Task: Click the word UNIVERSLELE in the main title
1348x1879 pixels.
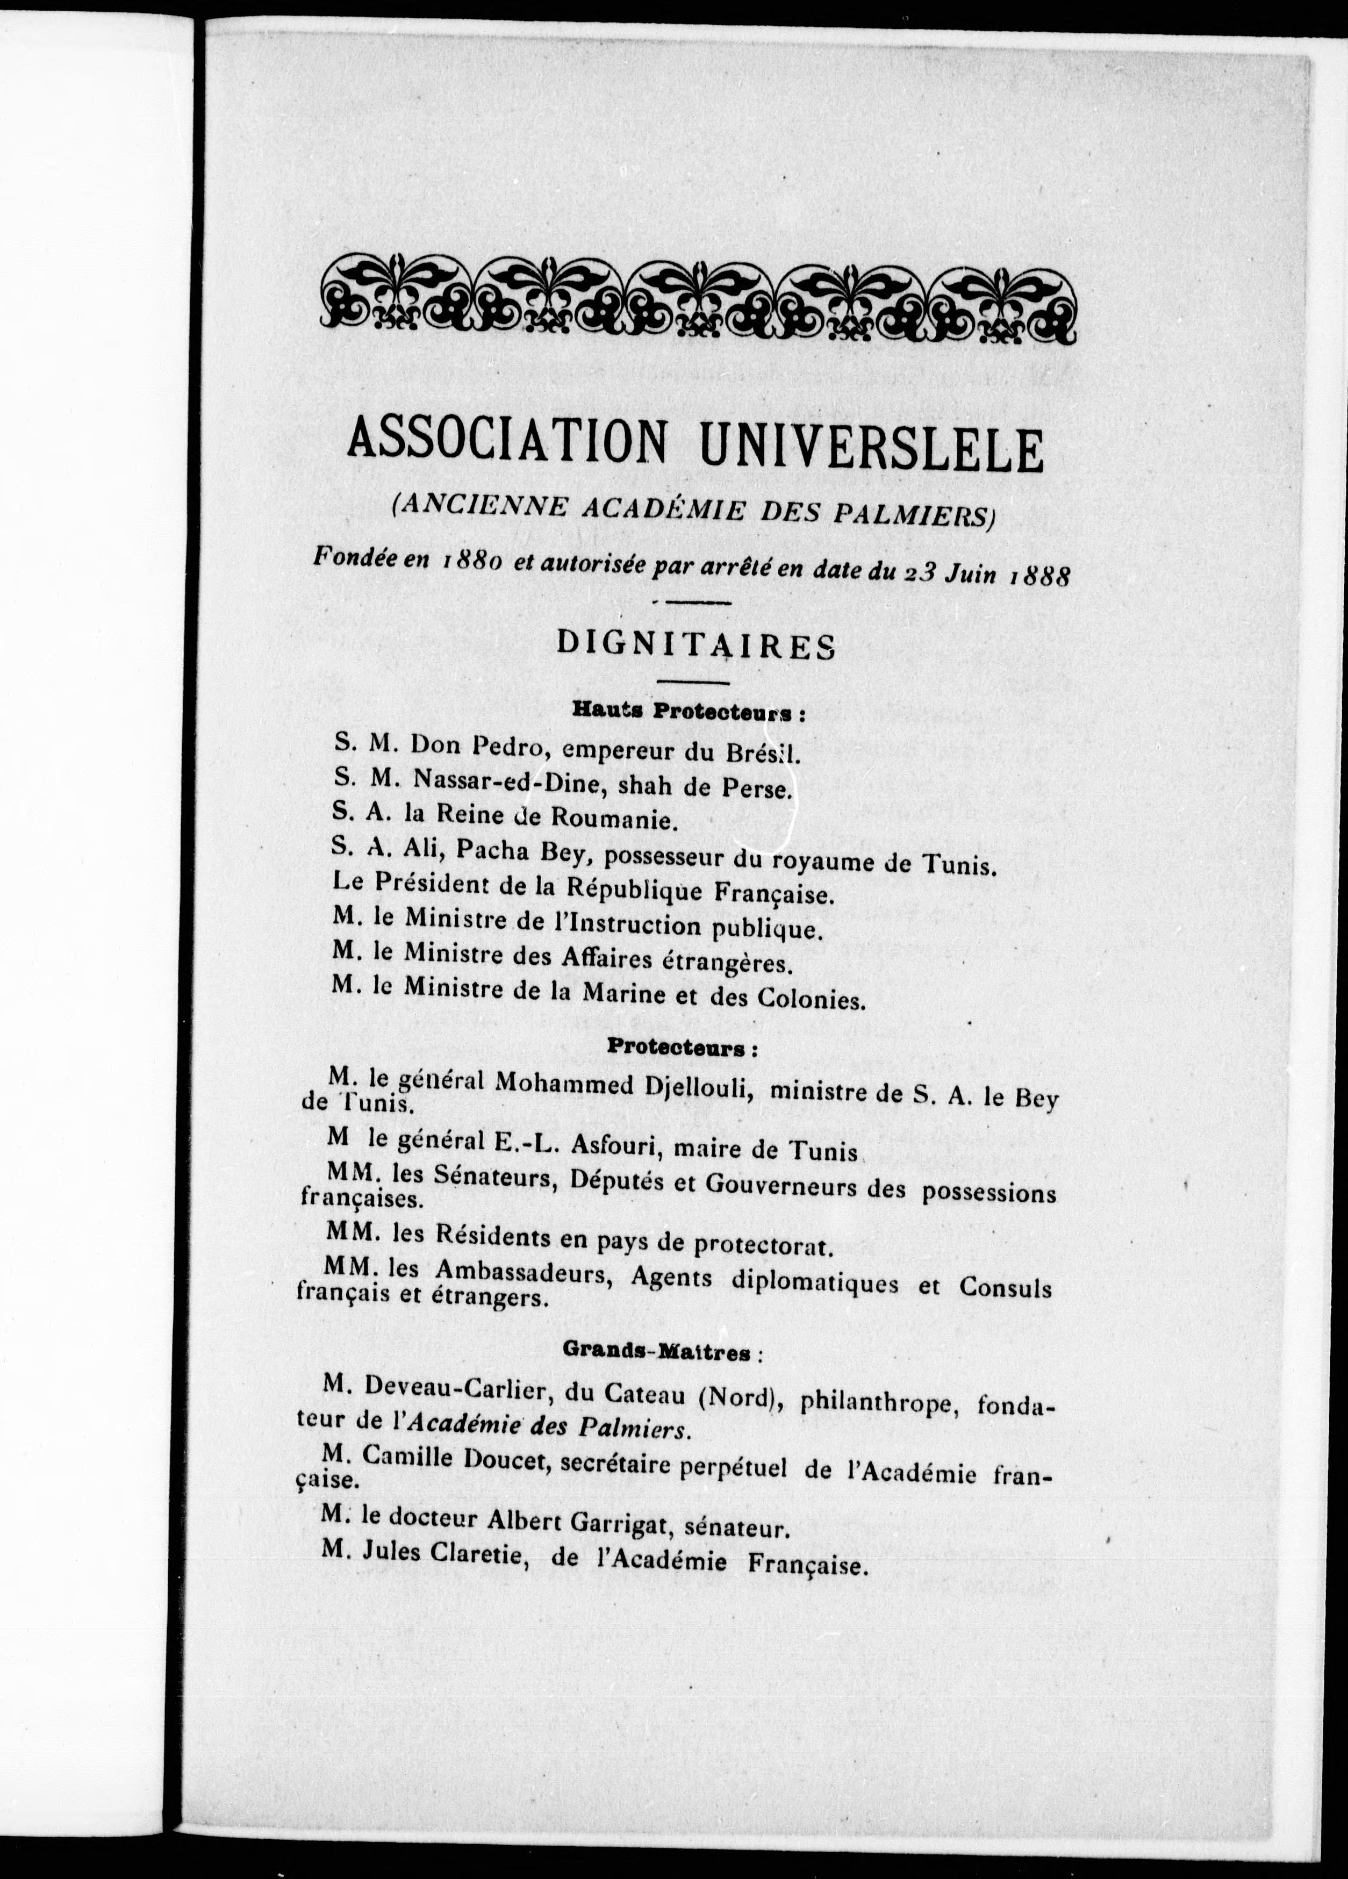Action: [872, 449]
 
